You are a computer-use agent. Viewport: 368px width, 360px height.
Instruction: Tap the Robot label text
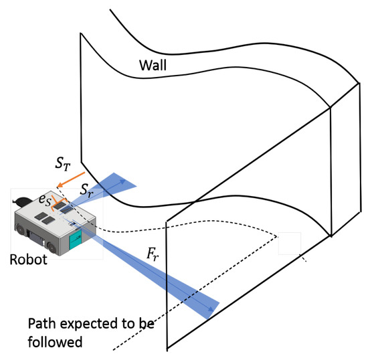pyautogui.click(x=27, y=259)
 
